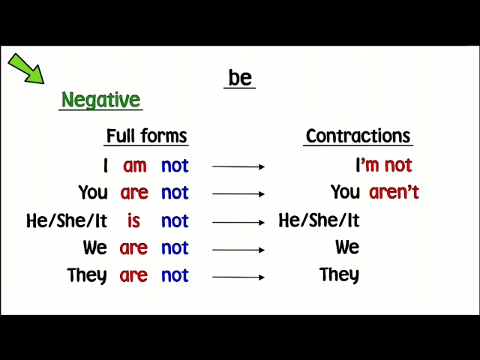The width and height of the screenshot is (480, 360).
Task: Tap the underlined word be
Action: tap(240, 77)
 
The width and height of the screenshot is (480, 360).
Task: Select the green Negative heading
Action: tap(100, 100)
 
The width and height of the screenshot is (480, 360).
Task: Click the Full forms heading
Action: tap(146, 136)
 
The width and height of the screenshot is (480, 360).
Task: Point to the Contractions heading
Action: tap(358, 136)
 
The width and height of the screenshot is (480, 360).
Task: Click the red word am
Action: tap(135, 165)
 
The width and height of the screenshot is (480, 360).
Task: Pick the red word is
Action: tap(133, 220)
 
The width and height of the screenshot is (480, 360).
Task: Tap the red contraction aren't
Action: tap(394, 192)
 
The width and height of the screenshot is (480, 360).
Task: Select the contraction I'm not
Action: tap(383, 165)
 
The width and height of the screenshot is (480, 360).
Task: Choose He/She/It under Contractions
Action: tap(319, 220)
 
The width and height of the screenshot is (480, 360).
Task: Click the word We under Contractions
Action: tap(347, 247)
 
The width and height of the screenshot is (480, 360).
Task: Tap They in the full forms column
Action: tap(87, 275)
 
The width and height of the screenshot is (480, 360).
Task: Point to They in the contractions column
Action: tap(339, 274)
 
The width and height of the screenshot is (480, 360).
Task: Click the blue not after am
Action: tap(175, 165)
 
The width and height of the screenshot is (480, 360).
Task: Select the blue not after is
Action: tap(175, 220)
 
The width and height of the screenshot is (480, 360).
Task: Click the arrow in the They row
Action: tap(238, 277)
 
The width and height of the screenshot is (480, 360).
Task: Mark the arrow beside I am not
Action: tap(238, 166)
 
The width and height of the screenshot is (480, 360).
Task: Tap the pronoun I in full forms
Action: tap(106, 165)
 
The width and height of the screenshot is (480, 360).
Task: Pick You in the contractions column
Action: tap(346, 192)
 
